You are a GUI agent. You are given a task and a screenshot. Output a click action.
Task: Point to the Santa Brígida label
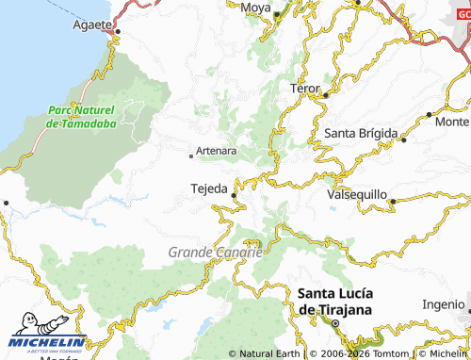coord(361,133)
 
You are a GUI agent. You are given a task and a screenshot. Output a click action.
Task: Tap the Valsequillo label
coord(357,193)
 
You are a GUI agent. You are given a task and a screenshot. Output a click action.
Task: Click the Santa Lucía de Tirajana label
coord(334,301)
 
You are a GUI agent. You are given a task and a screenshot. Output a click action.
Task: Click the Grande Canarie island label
coord(215,252)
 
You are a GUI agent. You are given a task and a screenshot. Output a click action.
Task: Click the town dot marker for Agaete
coord(118,32)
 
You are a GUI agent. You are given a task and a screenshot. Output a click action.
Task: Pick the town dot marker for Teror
coord(324,94)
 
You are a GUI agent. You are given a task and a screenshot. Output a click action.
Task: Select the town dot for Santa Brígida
coord(403,140)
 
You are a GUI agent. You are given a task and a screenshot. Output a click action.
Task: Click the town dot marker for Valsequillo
coord(391,200)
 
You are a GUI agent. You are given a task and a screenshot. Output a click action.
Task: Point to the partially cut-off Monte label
coord(452,122)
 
